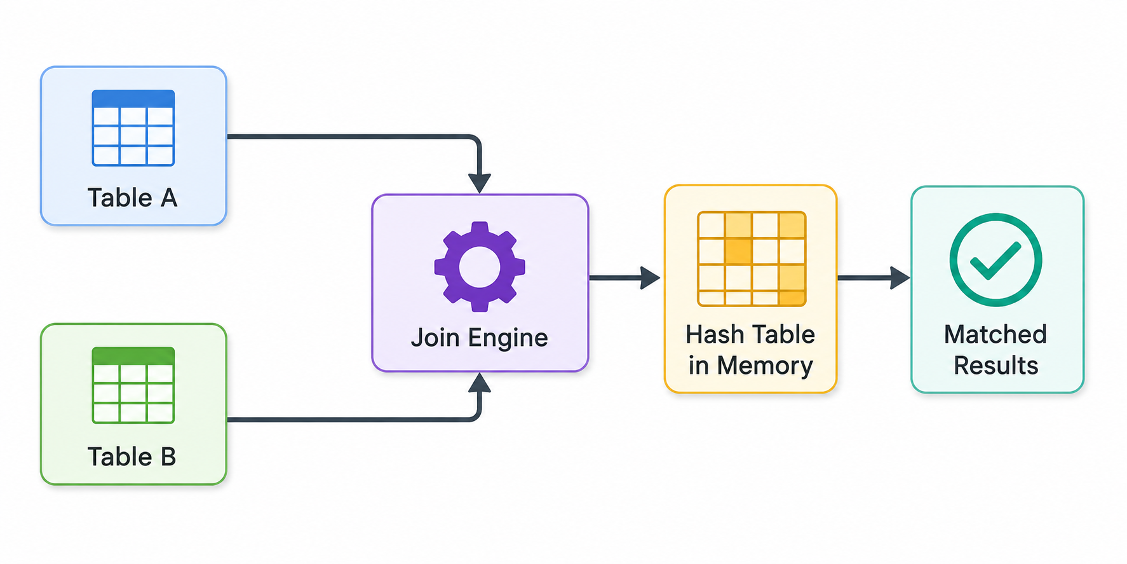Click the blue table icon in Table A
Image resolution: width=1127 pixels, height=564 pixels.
pyautogui.click(x=133, y=128)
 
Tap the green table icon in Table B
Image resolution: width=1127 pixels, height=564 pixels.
pyautogui.click(x=133, y=385)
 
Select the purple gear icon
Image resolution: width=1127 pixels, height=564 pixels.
pyautogui.click(x=480, y=266)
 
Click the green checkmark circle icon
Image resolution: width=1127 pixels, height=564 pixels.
pyautogui.click(x=995, y=259)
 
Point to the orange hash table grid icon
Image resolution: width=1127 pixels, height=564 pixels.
pyautogui.click(x=752, y=259)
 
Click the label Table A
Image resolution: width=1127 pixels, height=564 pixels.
pyautogui.click(x=132, y=198)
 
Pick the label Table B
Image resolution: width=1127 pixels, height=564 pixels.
pyautogui.click(x=132, y=457)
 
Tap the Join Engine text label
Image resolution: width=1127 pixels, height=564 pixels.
pyautogui.click(x=480, y=338)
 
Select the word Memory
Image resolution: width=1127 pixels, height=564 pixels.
pyautogui.click(x=765, y=366)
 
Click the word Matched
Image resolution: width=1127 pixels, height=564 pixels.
pyautogui.click(x=995, y=334)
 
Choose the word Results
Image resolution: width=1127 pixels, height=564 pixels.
pyautogui.click(x=996, y=366)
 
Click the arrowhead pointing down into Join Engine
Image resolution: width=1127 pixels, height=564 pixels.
pyautogui.click(x=480, y=183)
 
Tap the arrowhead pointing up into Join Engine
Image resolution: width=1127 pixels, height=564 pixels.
pyautogui.click(x=480, y=383)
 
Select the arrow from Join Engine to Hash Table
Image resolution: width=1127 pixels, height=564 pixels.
pyautogui.click(x=625, y=278)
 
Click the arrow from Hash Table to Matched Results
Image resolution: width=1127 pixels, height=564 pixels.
pyautogui.click(x=874, y=278)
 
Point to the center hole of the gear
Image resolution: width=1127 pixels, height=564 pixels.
pyautogui.click(x=480, y=267)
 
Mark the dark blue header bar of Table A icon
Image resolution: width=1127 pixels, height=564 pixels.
pyautogui.click(x=133, y=99)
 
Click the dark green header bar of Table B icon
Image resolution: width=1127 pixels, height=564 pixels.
pyautogui.click(x=133, y=355)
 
